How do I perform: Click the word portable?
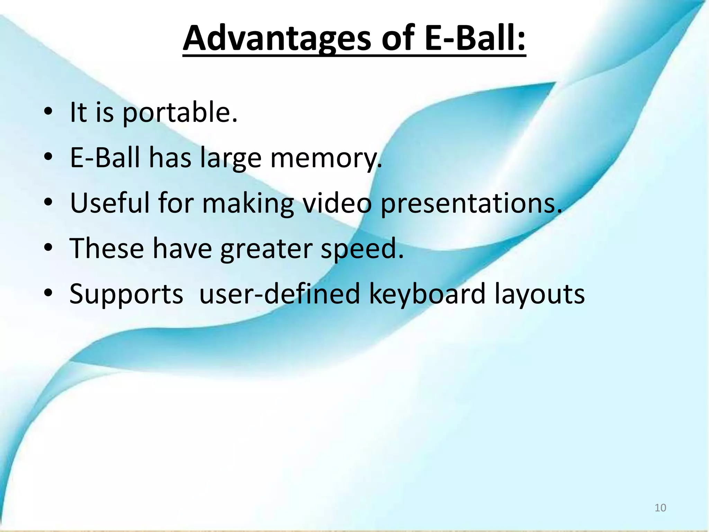pos(180,113)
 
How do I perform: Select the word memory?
pos(326,158)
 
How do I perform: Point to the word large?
pos(231,158)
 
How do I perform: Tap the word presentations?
pos(471,203)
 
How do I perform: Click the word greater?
pos(266,249)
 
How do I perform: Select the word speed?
pos(362,249)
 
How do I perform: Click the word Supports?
pos(126,294)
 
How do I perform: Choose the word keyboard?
pos(427,293)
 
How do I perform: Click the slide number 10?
pos(660,508)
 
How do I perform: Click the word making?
pos(248,203)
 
